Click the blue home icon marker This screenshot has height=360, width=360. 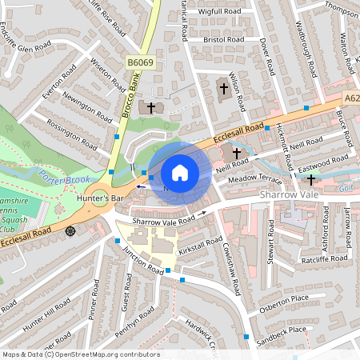pyautogui.click(x=180, y=173)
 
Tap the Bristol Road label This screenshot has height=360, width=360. pyautogui.click(x=223, y=38)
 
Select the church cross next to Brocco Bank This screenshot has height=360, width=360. pyautogui.click(x=150, y=106)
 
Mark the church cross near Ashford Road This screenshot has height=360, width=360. pyautogui.click(x=311, y=180)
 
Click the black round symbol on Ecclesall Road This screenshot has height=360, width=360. pyautogui.click(x=71, y=231)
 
